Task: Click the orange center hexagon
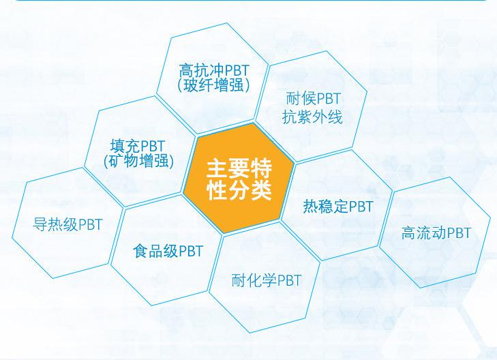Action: coord(239,178)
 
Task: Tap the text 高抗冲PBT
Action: coord(214,70)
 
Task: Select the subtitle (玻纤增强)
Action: coord(213,85)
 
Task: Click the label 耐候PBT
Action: coord(313,99)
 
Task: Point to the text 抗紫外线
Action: coord(312,117)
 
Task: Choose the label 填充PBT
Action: coord(138,146)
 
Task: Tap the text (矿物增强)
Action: coord(138,161)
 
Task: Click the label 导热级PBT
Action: coord(67,224)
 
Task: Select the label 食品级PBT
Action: coord(168,251)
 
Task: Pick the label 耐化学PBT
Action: coord(267,280)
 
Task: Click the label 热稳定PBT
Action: coord(338,207)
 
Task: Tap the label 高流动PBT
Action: coord(436,233)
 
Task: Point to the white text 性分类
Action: coord(239,190)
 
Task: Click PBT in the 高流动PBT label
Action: coord(460,233)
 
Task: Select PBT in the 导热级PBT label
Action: coord(91,224)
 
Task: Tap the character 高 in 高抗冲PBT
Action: coord(186,70)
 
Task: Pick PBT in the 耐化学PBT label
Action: coord(289,280)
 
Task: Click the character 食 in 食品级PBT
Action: coord(140,251)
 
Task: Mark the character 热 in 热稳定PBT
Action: coord(311,207)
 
